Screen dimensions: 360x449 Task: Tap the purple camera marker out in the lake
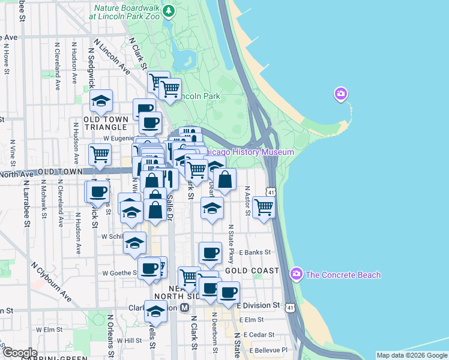coord(341,94)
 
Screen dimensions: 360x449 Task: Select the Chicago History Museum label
coord(249,152)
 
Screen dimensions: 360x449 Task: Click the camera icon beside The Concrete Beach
coord(297,274)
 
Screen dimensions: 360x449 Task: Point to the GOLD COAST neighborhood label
coord(252,271)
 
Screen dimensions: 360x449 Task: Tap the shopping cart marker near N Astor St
coord(264,207)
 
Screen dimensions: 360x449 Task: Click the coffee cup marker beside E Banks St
coord(209,253)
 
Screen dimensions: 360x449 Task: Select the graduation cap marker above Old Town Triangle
coord(101,100)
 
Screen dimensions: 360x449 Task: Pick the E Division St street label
coord(259,305)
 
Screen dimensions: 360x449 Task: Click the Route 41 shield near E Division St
coord(291,307)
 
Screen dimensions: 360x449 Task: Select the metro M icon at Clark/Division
coord(185,307)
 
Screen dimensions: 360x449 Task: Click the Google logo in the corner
coord(19,353)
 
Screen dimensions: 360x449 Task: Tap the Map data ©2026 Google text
coord(412,355)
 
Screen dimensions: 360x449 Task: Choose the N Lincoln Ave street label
coord(112,58)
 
